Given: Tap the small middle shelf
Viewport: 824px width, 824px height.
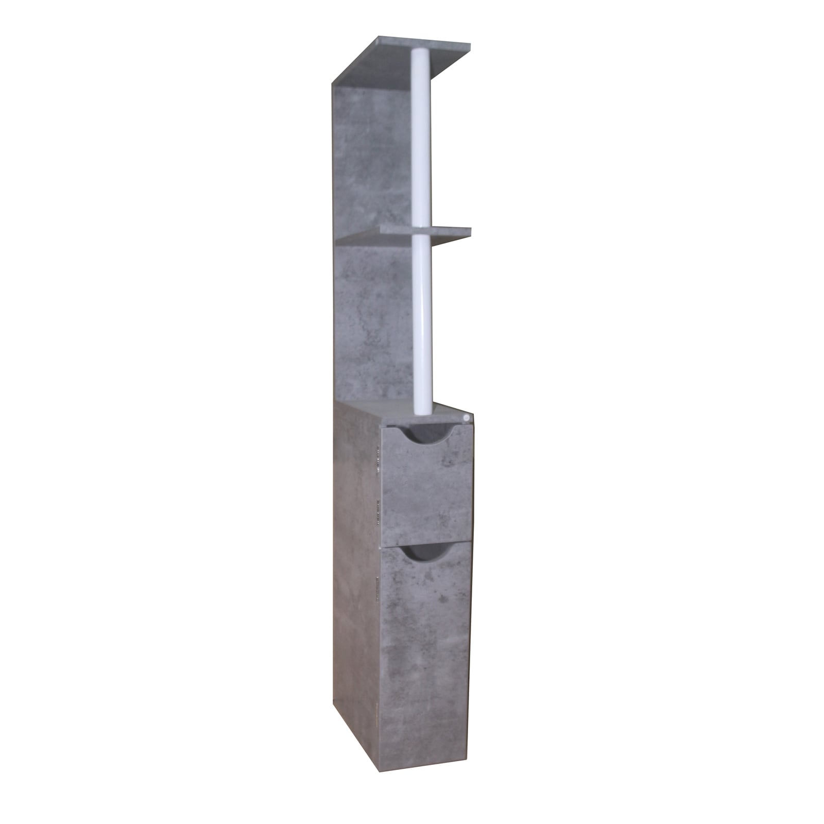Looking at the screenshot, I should tap(404, 235).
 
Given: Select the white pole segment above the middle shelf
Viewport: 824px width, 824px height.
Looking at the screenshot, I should tap(421, 139).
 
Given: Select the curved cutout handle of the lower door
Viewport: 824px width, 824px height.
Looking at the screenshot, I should tap(425, 553).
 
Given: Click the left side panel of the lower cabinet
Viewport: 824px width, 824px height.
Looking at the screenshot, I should tap(355, 592).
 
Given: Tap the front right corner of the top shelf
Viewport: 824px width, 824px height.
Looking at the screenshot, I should tap(469, 45).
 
